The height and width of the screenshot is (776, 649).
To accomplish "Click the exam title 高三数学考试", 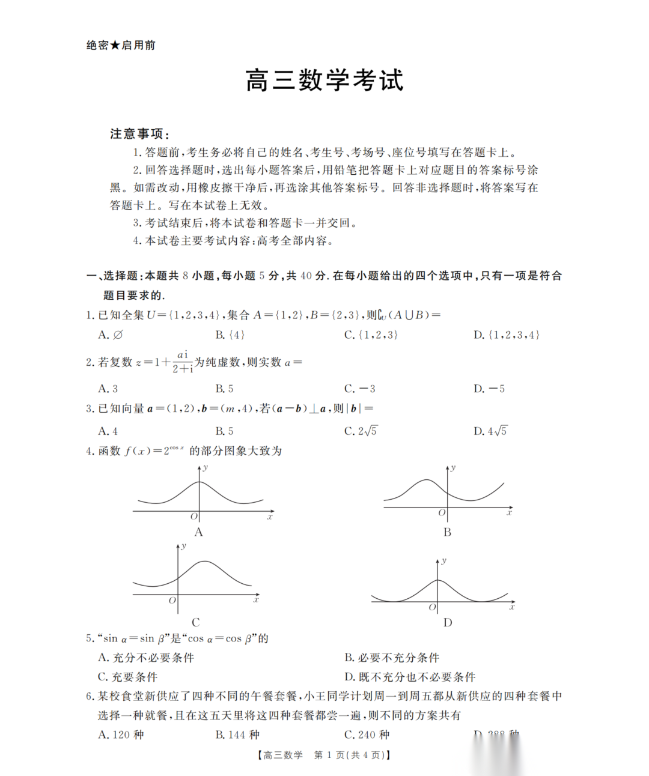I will tap(324, 80).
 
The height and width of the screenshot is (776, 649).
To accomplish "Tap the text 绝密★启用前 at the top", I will tap(121, 45).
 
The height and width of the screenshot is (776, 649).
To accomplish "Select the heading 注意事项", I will tap(139, 133).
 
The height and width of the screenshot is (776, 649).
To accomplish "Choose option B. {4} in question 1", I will tap(230, 335).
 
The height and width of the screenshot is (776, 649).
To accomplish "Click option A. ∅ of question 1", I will tap(111, 335).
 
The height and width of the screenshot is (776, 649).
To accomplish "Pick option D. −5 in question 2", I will tap(489, 389).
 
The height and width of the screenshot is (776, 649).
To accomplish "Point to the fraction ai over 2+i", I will tap(183, 362).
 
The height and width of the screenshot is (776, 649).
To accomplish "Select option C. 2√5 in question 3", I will tap(361, 431).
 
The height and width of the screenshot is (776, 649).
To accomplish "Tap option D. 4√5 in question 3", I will tap(490, 431).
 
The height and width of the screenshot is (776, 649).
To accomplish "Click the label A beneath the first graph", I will tap(199, 532).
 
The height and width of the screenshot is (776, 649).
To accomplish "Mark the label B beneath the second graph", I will tap(447, 532).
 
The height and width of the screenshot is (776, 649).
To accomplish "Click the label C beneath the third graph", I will tap(196, 622).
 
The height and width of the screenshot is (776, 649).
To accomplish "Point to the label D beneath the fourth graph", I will tap(448, 622).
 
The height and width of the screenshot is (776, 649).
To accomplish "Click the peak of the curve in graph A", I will tap(200, 482).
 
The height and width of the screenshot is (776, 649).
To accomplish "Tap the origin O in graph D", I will tap(433, 607).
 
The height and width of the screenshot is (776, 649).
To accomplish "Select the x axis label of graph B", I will tap(509, 513).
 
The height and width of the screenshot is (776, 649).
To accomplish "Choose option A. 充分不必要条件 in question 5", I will tap(146, 658).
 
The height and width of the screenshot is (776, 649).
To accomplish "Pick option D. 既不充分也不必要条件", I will tap(410, 677).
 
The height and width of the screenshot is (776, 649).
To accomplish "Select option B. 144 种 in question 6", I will tap(237, 735).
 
